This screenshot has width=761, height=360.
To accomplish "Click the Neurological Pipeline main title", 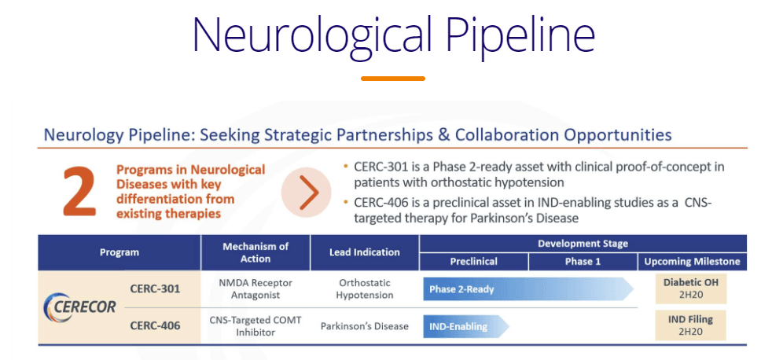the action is point(394,35).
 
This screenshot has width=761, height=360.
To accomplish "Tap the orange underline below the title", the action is point(393,79).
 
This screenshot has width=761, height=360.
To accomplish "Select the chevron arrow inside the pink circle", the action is point(309,193).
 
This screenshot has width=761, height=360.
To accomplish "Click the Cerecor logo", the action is point(80,307).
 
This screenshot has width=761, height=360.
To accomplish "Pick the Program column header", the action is point(119,252).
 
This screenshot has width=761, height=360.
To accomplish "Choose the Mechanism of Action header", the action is point(256,252).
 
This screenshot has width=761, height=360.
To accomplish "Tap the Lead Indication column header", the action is point(365,252).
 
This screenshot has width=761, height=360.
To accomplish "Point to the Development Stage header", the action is point(583,244).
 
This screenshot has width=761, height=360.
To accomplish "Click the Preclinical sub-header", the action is point(474,262).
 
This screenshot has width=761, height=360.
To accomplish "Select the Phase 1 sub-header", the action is point(583,262).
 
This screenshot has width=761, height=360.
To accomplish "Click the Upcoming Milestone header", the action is point(692,262).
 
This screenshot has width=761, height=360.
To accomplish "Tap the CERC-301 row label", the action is point(155,288).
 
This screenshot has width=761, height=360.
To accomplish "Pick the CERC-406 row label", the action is point(155,325).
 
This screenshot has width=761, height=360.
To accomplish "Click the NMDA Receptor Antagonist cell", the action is point(256,288).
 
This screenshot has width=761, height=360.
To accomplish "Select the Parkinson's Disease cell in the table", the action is point(365,326).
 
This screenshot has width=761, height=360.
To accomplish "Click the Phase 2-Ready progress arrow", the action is point(528,289).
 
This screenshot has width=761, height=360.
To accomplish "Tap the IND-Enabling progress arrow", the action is point(466,326).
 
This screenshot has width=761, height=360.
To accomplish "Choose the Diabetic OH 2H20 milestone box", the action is point(690,288).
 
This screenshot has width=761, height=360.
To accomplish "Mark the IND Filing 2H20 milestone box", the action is point(690,325).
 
